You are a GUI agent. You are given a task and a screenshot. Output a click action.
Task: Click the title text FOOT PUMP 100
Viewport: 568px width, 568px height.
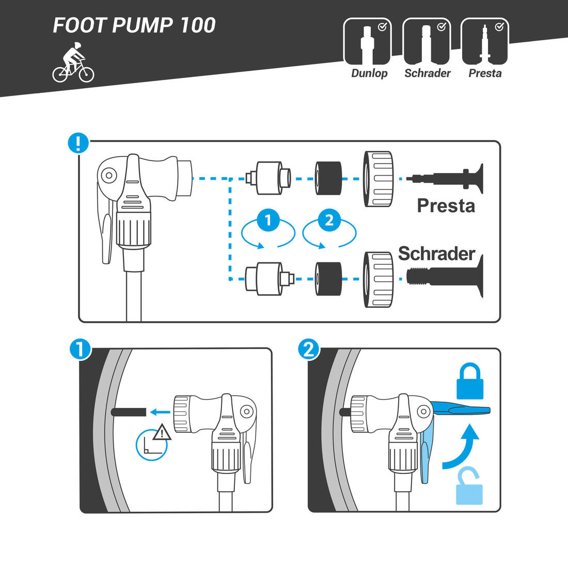click(134, 25)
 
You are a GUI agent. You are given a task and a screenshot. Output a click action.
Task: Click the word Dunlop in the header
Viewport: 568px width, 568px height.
click(369, 73)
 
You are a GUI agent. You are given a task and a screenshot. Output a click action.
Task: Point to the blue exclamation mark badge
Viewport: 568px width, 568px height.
click(78, 143)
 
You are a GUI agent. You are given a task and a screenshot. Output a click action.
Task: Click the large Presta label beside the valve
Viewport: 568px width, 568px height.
click(446, 206)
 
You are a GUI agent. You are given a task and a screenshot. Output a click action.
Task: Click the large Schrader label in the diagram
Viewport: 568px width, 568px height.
click(436, 254)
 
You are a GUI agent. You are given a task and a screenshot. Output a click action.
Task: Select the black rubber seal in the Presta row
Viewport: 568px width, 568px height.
click(328, 178)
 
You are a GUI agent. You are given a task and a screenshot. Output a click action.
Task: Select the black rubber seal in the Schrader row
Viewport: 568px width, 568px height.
click(328, 278)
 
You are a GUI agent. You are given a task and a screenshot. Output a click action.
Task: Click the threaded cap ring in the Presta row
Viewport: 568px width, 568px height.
click(380, 179)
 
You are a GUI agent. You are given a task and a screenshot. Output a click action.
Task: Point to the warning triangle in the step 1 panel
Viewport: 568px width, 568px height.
click(162, 432)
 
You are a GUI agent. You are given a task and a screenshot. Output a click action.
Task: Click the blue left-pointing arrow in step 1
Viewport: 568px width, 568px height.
click(160, 412)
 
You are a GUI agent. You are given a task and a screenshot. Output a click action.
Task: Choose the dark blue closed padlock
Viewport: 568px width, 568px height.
click(469, 382)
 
